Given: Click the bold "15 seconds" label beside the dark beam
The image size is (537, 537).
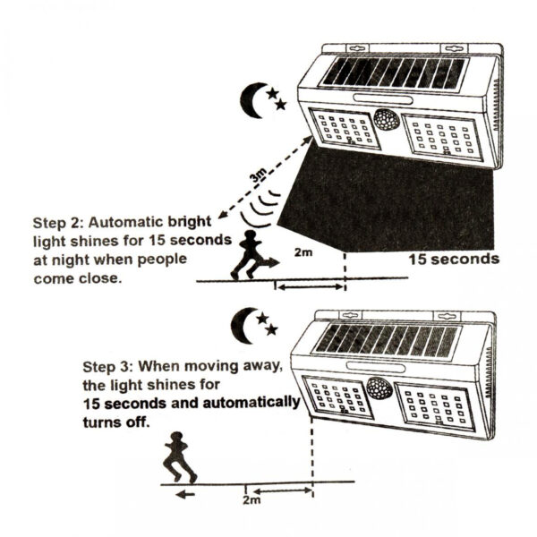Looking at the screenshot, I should (x=453, y=260).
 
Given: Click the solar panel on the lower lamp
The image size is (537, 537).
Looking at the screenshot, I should (x=388, y=340).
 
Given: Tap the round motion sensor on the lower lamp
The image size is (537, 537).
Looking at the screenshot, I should (x=379, y=390).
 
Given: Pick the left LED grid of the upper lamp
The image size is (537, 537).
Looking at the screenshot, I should (x=344, y=128).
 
